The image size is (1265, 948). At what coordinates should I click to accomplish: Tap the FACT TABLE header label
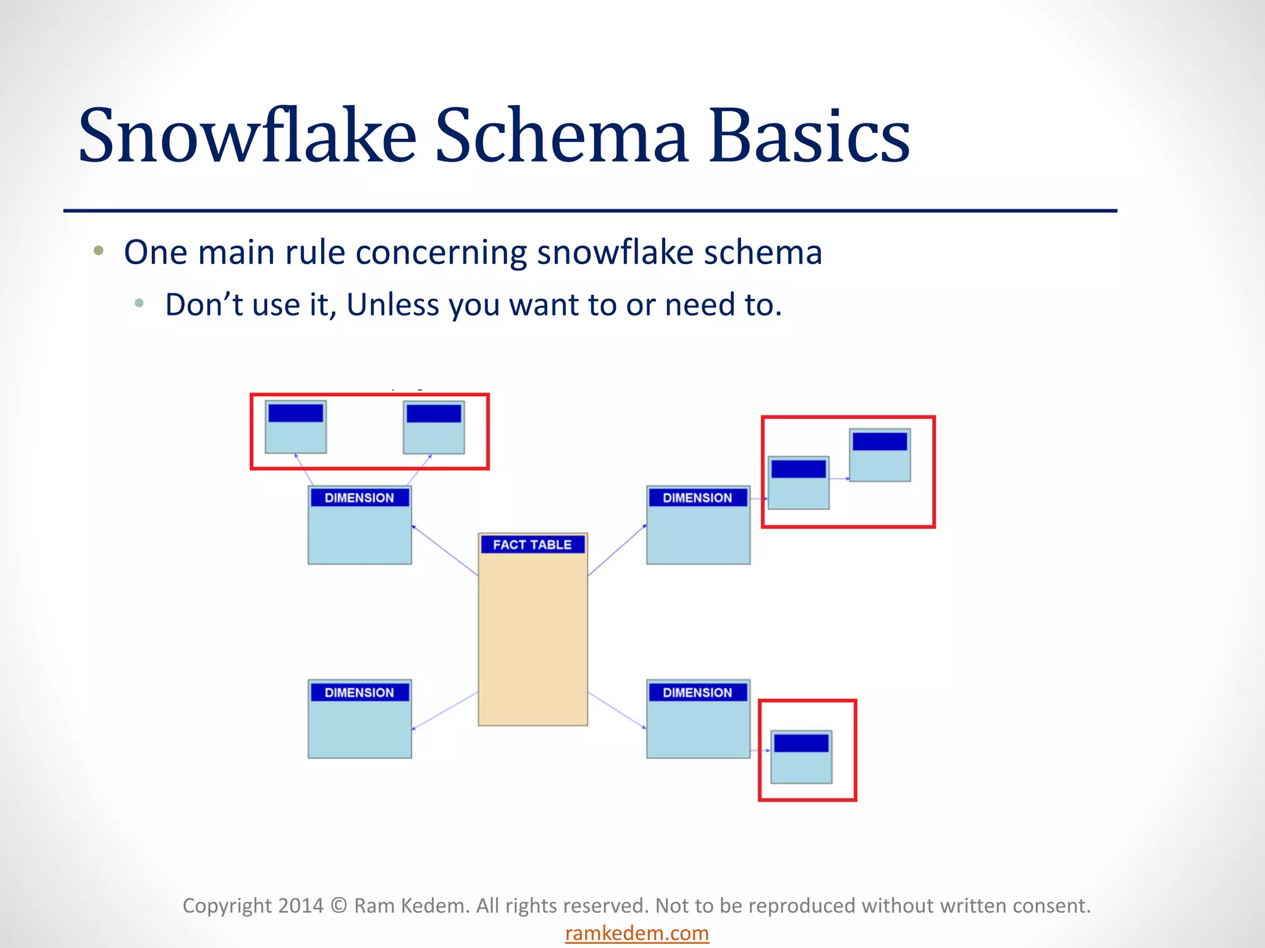click(532, 544)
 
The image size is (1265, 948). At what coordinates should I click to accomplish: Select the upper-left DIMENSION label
click(359, 497)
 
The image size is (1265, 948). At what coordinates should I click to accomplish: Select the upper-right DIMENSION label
click(697, 497)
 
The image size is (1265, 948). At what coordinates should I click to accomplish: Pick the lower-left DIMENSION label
click(359, 692)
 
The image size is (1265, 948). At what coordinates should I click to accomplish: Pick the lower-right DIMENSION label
click(697, 692)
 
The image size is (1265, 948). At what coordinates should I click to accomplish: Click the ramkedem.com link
click(637, 933)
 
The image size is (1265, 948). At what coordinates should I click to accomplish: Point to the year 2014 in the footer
click(300, 905)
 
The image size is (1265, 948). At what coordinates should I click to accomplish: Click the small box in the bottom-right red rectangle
click(801, 757)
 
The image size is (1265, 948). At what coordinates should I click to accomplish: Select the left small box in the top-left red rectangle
click(296, 427)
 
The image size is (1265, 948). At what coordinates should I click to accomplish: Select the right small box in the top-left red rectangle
click(434, 427)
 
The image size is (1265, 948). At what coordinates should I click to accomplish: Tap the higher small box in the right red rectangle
click(880, 455)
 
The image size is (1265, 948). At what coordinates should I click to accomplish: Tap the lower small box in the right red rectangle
click(798, 483)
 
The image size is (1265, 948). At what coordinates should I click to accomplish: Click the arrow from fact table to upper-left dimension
click(445, 551)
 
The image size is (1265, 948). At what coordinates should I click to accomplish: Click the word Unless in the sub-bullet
click(393, 304)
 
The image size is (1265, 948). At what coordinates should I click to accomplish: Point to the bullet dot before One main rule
click(98, 251)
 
